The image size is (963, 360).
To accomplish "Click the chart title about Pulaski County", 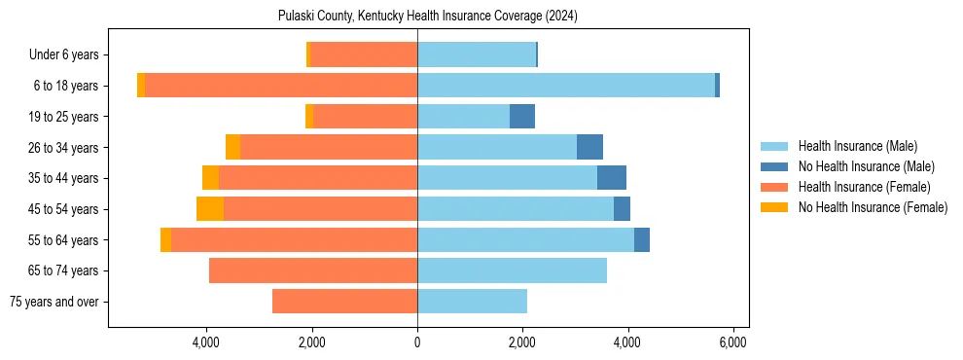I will pos(429,17).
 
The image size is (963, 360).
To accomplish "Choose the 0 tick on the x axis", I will pos(417,342).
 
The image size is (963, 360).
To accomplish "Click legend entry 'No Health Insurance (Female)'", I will pos(873,207).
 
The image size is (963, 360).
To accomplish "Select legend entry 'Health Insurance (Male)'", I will pos(857,146).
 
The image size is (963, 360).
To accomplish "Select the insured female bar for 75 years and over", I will pos(344,302).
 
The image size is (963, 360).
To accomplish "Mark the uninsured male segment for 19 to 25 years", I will pos(522,117).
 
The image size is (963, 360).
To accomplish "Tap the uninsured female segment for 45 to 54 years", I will pos(210,209).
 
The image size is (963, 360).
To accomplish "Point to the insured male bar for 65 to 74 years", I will pos(512,270).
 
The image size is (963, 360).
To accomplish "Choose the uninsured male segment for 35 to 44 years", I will pos(612,178).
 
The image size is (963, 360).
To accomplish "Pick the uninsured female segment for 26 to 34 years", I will pos(232,147).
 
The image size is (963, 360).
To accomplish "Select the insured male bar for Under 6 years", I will pos(477,55).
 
